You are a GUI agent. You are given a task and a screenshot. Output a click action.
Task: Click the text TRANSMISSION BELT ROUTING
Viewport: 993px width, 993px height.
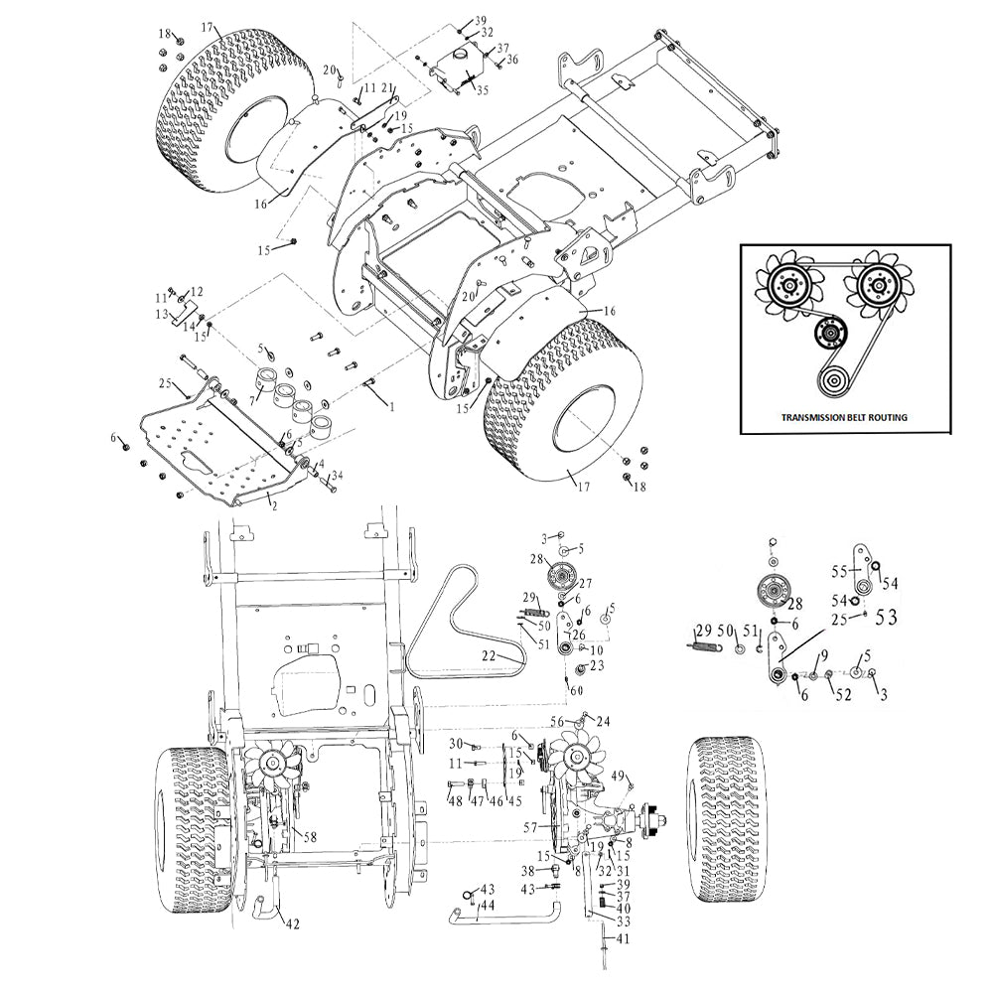point(843,417)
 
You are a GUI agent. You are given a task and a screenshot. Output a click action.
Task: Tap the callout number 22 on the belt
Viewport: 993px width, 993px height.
point(489,656)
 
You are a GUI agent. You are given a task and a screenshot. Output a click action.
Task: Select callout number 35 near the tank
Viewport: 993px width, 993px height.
point(482,90)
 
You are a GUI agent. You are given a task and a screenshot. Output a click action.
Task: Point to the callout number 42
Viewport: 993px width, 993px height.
point(293,923)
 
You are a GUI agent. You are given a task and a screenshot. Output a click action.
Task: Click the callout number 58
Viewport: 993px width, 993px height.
point(310,837)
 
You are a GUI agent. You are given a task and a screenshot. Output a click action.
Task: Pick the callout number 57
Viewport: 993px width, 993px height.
point(530,827)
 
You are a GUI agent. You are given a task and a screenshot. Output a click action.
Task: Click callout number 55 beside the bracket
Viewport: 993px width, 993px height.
point(840,572)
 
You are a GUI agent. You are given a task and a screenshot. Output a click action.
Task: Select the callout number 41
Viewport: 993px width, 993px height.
point(623,938)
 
